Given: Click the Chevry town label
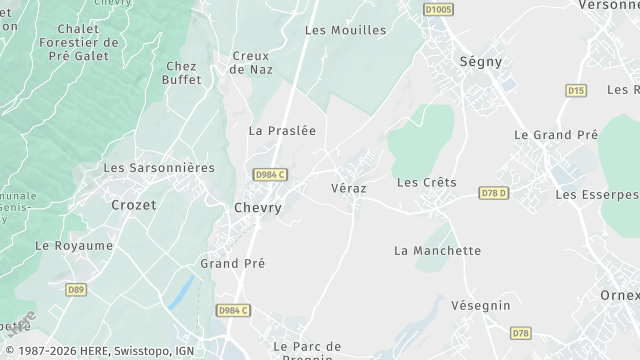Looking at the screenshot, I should [257, 208].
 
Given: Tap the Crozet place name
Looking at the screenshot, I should [133, 204].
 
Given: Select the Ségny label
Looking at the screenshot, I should [480, 61].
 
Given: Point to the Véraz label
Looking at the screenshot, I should [350, 188].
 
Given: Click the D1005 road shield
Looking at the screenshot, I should [438, 9].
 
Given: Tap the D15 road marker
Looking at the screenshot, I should [575, 90].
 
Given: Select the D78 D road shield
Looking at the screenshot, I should [494, 193].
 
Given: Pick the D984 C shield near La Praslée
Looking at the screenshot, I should [270, 174].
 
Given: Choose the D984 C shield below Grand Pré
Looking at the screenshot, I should [231, 311].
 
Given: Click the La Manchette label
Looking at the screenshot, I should [437, 251].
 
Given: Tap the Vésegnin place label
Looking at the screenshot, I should [480, 305].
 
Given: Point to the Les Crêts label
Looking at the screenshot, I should [426, 182].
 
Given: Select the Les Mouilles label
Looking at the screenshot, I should [345, 30].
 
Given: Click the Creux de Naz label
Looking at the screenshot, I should [250, 62].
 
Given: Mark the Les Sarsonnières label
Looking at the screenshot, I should [159, 168].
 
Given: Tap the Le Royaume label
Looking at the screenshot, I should [74, 245].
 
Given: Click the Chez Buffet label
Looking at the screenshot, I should [182, 73].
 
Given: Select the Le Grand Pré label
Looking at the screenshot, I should [555, 134].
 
